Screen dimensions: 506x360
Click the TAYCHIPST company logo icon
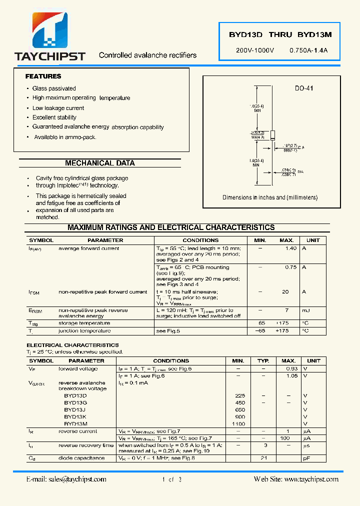(x=50, y=31)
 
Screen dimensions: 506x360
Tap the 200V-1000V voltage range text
(x=255, y=51)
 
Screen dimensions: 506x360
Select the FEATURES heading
(x=43, y=76)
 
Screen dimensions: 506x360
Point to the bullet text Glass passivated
(x=54, y=88)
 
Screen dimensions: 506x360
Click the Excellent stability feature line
(x=54, y=117)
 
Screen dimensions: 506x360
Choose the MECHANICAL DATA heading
(x=100, y=163)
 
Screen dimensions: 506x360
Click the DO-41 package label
(x=304, y=88)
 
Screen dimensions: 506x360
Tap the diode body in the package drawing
(x=273, y=135)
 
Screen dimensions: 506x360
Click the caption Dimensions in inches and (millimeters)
(x=270, y=197)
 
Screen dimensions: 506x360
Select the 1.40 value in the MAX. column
(x=290, y=248)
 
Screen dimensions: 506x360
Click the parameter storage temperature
(x=84, y=323)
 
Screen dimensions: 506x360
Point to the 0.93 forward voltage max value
(x=291, y=369)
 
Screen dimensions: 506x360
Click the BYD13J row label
(x=75, y=409)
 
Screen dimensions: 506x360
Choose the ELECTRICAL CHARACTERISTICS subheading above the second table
(x=72, y=345)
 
